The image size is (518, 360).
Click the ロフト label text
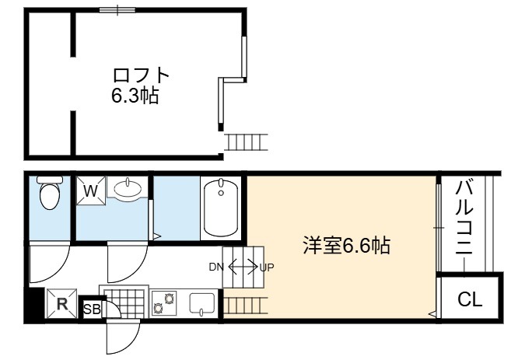[141, 75]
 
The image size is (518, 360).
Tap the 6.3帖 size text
[135, 96]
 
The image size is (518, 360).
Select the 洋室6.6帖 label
[347, 246]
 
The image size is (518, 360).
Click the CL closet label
[470, 299]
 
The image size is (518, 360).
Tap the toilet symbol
[50, 193]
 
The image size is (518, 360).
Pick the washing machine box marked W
[91, 190]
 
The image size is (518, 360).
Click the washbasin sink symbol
[128, 189]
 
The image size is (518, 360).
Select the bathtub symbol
[221, 208]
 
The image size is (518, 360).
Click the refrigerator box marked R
[61, 303]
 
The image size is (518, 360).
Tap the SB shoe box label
[93, 309]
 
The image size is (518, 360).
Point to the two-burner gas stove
[164, 303]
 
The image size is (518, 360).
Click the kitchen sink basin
[202, 303]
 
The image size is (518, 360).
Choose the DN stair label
[216, 267]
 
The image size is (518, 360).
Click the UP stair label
[267, 267]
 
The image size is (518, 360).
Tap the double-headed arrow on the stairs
[243, 266]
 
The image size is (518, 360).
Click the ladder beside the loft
[246, 142]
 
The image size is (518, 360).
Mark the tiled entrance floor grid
[124, 302]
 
